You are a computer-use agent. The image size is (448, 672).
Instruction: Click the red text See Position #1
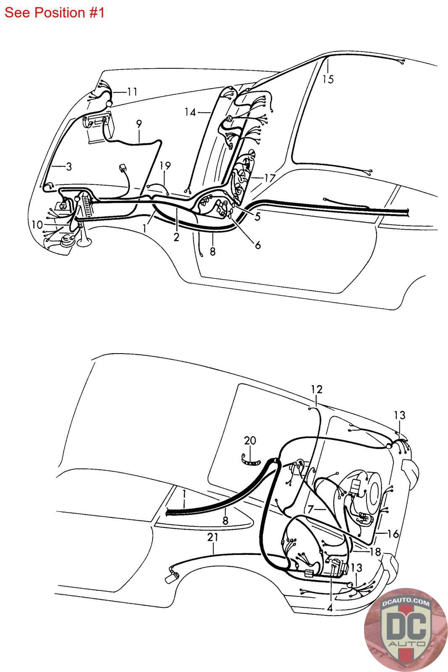pyautogui.click(x=54, y=13)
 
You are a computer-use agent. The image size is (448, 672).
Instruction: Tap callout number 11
pyautogui.click(x=132, y=92)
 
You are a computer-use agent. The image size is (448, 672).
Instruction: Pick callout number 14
pyautogui.click(x=190, y=112)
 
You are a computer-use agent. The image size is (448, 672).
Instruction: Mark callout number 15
pyautogui.click(x=328, y=79)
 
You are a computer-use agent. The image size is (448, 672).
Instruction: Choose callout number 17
pyautogui.click(x=269, y=178)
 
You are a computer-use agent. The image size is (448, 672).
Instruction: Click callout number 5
pyautogui.click(x=257, y=216)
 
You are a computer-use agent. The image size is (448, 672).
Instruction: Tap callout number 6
pyautogui.click(x=257, y=244)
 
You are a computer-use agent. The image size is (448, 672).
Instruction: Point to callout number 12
pyautogui.click(x=317, y=389)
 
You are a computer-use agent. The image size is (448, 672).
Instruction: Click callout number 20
pyautogui.click(x=250, y=441)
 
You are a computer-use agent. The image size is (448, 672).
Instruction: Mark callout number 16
pyautogui.click(x=393, y=534)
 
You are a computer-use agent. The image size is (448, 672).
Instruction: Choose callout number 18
pyautogui.click(x=375, y=551)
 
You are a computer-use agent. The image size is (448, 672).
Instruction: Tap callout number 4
pyautogui.click(x=330, y=608)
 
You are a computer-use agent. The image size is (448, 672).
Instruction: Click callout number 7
pyautogui.click(x=310, y=509)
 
